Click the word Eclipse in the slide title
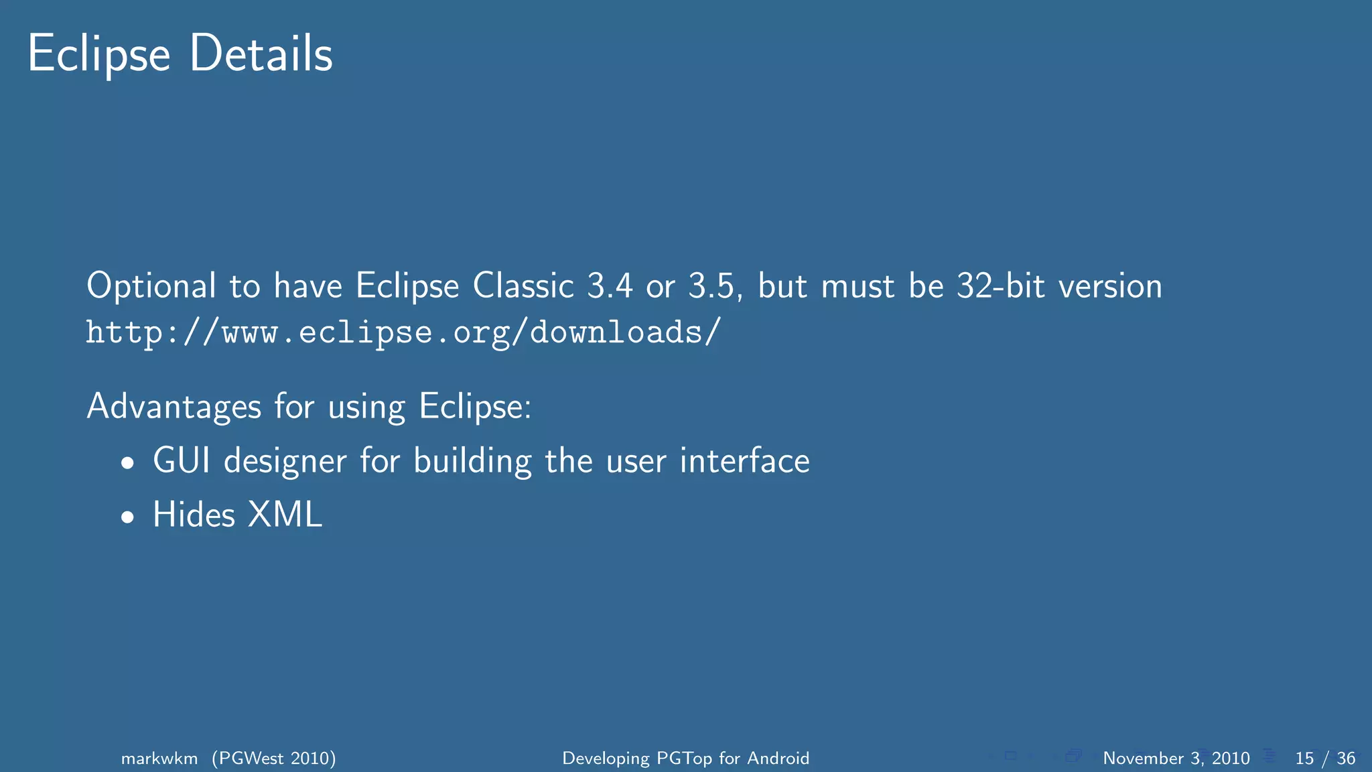click(x=98, y=54)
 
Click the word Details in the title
click(x=261, y=54)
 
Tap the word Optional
click(x=151, y=287)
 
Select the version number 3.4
click(x=610, y=286)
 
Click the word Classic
click(x=523, y=286)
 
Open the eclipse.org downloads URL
click(x=403, y=332)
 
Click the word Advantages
click(x=174, y=407)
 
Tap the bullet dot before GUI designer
click(x=128, y=463)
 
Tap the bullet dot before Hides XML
click(x=128, y=517)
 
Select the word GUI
click(x=182, y=461)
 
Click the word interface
click(x=744, y=461)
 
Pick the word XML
click(x=285, y=515)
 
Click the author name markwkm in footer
click(x=159, y=759)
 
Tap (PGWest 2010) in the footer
click(x=274, y=759)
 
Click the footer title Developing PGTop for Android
click(x=685, y=759)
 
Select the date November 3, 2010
click(x=1176, y=759)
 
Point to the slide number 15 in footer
click(x=1304, y=759)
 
